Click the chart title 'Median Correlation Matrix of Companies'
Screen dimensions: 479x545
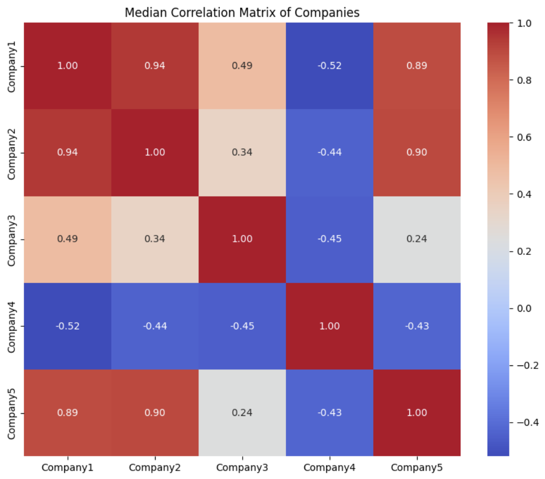(x=242, y=13)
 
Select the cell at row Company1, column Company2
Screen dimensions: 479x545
(x=155, y=66)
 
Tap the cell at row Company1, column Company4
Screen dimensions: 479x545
(x=329, y=66)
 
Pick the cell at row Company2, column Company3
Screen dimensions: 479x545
(x=242, y=153)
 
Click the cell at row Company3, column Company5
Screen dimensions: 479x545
(x=417, y=239)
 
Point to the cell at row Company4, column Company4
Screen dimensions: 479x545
(x=329, y=326)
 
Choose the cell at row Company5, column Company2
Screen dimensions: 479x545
(x=155, y=412)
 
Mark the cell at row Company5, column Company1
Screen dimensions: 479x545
(x=67, y=412)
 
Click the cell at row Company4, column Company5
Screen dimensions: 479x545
(x=417, y=326)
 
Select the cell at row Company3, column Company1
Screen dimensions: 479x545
(x=67, y=239)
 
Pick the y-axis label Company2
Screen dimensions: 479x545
(x=11, y=153)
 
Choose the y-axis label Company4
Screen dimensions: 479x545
(x=11, y=326)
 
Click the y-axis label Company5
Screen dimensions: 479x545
(x=11, y=412)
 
